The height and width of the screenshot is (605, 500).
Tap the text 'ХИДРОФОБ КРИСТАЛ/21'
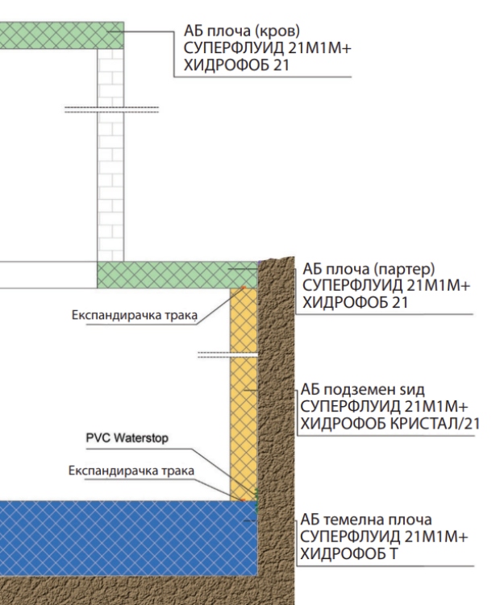click(x=390, y=424)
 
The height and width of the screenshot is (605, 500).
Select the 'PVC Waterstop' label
click(x=127, y=438)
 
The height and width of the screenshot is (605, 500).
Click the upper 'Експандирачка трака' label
click(x=135, y=315)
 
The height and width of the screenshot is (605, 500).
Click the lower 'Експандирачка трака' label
click(x=131, y=470)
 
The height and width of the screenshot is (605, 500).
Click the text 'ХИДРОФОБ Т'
click(x=348, y=554)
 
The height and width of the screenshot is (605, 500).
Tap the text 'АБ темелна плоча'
click(x=366, y=520)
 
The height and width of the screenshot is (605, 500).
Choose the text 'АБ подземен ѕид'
click(x=362, y=390)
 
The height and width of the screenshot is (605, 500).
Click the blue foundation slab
click(x=129, y=538)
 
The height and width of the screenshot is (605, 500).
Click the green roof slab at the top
click(x=62, y=35)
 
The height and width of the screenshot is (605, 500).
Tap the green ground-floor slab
click(x=177, y=275)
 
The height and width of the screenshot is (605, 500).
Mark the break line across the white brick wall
click(x=111, y=110)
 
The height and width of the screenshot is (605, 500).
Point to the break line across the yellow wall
click(x=227, y=354)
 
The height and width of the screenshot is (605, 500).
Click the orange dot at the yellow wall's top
click(x=243, y=288)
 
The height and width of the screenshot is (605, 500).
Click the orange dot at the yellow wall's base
click(x=243, y=500)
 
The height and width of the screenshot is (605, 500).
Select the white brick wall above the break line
click(x=110, y=77)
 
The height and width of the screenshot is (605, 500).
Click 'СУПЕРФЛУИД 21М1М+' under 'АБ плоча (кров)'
click(x=268, y=48)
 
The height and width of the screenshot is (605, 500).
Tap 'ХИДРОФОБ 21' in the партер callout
click(x=355, y=303)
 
